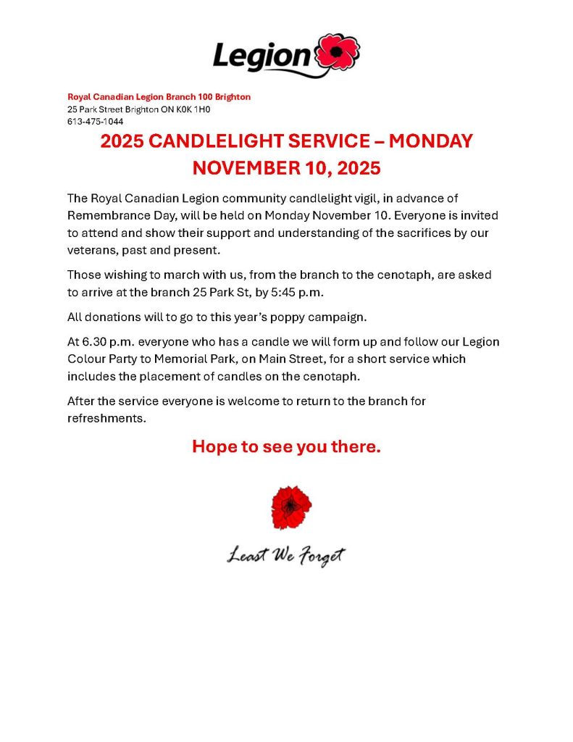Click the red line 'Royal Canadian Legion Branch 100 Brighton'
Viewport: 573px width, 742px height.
click(159, 97)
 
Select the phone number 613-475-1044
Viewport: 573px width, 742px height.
click(95, 122)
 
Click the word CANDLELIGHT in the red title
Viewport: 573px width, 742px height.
click(223, 141)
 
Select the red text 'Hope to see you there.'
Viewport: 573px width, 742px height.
click(286, 447)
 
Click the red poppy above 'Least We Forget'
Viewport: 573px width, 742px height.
click(291, 508)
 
